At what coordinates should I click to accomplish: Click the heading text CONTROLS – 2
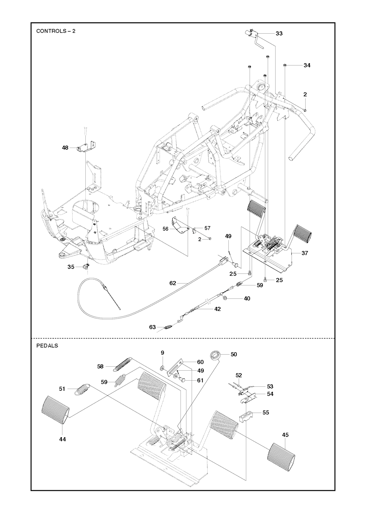click(x=56, y=31)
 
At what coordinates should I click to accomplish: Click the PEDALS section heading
click(x=47, y=346)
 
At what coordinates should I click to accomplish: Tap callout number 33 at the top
click(x=279, y=33)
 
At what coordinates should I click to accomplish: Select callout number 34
click(x=307, y=65)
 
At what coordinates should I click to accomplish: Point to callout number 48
click(x=65, y=147)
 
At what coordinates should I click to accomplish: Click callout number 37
click(x=305, y=253)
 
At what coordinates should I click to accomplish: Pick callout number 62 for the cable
click(x=173, y=283)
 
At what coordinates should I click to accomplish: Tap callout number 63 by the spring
click(x=153, y=327)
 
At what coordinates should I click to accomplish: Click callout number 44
click(x=63, y=439)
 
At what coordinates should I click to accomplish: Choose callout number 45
click(x=285, y=435)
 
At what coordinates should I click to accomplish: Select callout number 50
click(x=234, y=354)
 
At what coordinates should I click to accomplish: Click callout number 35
click(x=71, y=267)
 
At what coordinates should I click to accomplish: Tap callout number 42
click(x=217, y=309)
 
